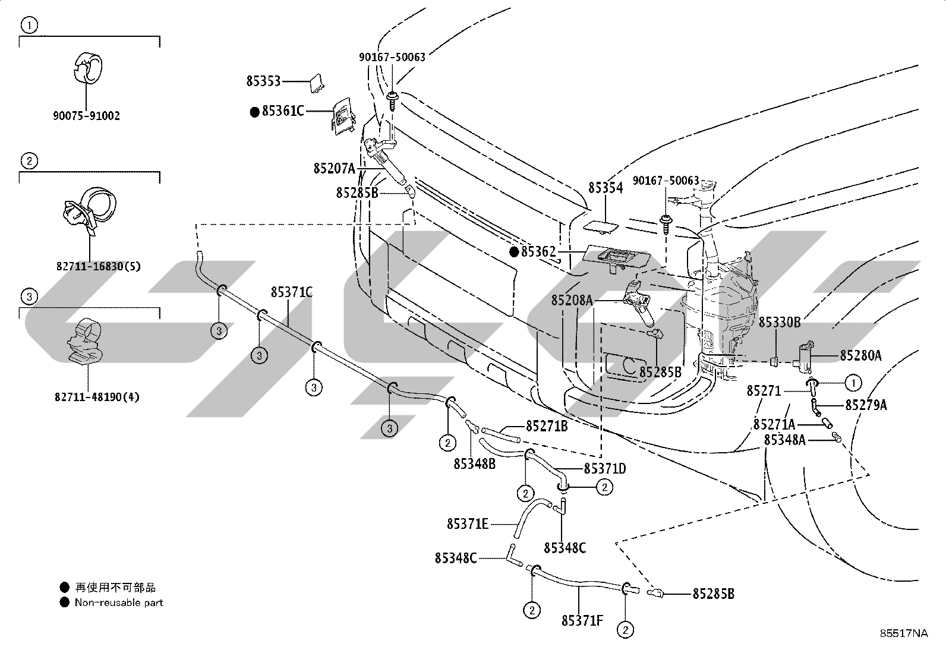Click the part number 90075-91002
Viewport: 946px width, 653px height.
(86, 116)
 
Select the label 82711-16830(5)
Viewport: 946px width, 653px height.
(99, 267)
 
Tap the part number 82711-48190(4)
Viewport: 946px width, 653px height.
(97, 397)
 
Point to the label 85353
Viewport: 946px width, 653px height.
(263, 81)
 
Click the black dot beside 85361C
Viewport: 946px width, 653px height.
(255, 112)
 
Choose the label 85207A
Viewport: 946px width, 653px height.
(335, 169)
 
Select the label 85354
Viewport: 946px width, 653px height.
(606, 188)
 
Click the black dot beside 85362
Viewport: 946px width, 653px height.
(514, 252)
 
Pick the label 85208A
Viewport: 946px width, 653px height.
(572, 300)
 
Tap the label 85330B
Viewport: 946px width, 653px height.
(780, 322)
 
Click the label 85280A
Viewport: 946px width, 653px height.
(860, 356)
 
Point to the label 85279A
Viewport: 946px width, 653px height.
(866, 405)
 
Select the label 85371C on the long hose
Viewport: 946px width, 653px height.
(292, 292)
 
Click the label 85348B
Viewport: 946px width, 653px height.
(475, 464)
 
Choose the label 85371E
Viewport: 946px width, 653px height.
(468, 524)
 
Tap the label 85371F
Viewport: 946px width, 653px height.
(582, 620)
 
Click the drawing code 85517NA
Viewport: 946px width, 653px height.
(904, 633)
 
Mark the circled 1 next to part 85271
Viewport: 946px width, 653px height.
(853, 383)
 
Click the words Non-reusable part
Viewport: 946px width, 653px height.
(119, 602)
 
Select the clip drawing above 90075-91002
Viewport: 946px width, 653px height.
(86, 68)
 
